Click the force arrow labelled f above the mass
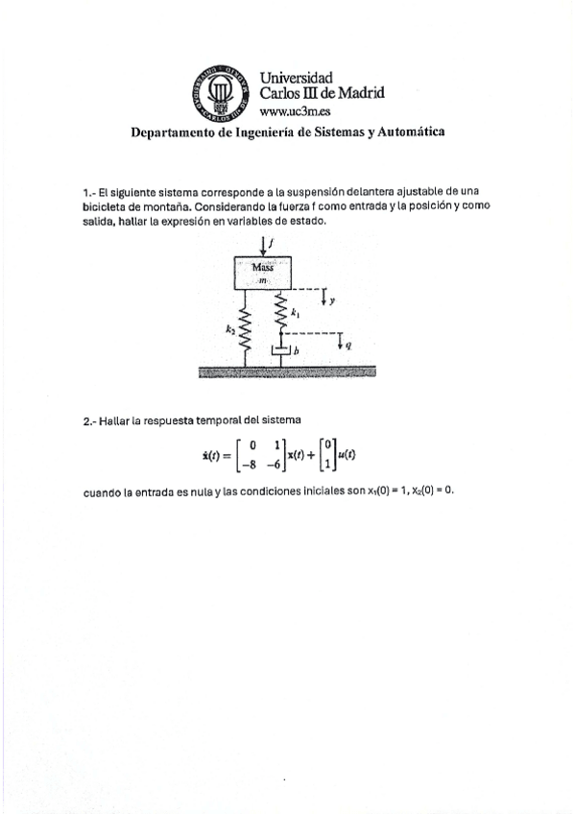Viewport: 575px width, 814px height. [x=264, y=245]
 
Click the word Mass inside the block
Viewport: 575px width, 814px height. [x=263, y=268]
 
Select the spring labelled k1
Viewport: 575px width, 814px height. [x=282, y=312]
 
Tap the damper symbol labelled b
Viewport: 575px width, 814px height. [x=282, y=352]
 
